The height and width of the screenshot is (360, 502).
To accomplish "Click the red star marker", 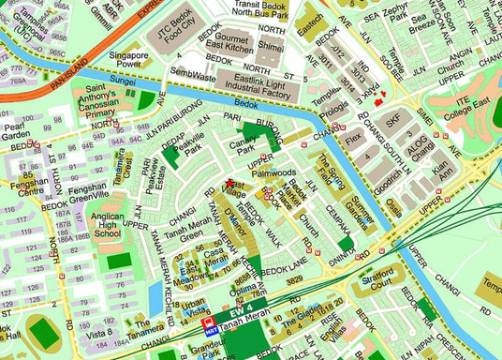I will [x=229, y=182].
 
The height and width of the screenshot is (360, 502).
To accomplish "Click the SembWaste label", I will [x=194, y=73].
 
